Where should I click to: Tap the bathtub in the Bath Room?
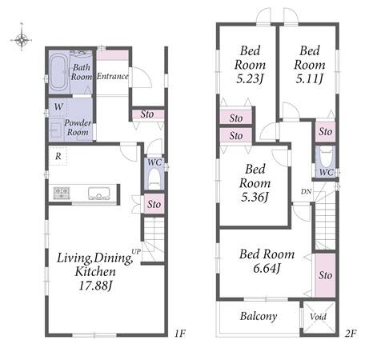[58, 72]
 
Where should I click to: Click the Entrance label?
[112, 77]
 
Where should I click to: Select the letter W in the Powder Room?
[58, 107]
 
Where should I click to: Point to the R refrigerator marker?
[58, 156]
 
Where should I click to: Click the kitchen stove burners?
[62, 193]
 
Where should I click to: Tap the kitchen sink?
[99, 194]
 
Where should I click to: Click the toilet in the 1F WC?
[154, 178]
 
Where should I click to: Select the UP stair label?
[136, 251]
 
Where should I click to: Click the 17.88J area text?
[95, 286]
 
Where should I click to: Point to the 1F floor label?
[180, 334]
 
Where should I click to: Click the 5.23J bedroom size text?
[250, 79]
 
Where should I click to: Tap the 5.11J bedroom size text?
[310, 78]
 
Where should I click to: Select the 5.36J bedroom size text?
[255, 198]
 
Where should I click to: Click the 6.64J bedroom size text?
[267, 268]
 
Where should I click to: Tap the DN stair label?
[306, 191]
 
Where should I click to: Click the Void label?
[318, 317]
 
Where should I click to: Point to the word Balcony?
[259, 317]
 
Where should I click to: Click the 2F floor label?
[351, 334]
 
